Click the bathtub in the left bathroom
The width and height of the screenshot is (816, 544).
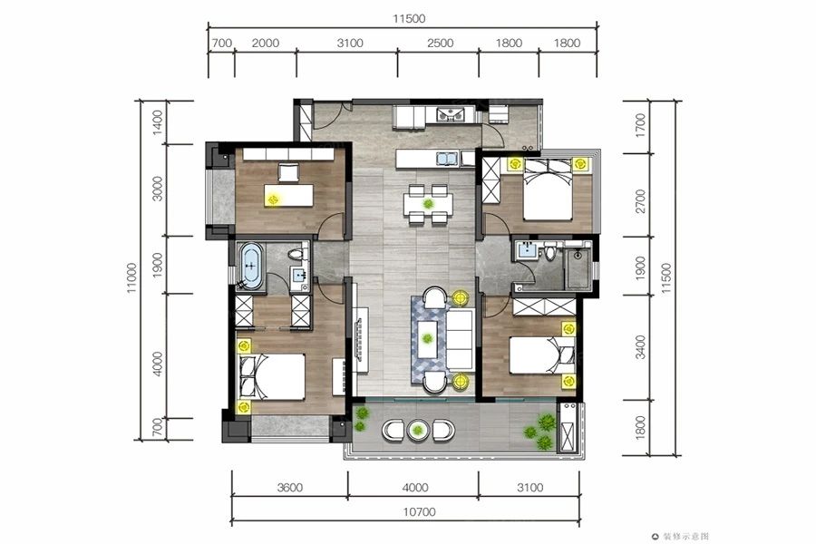click(x=251, y=266)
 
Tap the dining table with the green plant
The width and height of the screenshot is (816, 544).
click(x=428, y=204)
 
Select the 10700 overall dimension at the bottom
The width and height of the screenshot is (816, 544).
click(x=419, y=511)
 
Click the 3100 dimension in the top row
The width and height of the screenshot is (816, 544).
click(x=350, y=43)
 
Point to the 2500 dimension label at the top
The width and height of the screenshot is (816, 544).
click(x=441, y=43)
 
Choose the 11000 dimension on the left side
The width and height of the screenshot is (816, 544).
click(x=131, y=278)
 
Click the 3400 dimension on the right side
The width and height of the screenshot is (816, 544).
click(x=641, y=347)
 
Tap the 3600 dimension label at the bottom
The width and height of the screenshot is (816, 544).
click(x=290, y=487)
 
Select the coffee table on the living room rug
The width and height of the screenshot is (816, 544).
click(x=428, y=338)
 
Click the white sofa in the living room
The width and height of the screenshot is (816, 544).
click(x=460, y=339)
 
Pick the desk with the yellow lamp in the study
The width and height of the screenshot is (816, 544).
click(x=289, y=195)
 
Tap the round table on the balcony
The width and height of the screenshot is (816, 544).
click(x=418, y=430)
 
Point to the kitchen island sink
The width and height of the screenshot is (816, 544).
click(x=447, y=159)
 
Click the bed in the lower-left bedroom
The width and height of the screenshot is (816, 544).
click(x=272, y=376)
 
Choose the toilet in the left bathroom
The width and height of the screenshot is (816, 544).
click(x=296, y=255)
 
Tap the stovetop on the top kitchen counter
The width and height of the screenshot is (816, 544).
click(x=450, y=114)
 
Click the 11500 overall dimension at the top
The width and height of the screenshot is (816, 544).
click(x=409, y=19)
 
